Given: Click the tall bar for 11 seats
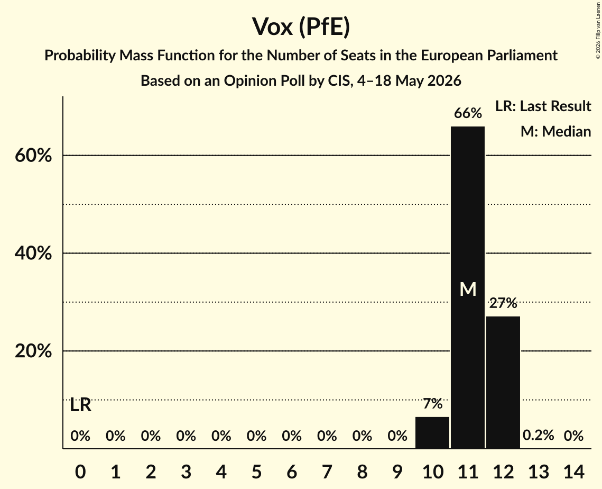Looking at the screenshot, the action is [x=468, y=287].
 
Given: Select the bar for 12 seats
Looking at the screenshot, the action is [x=503, y=383].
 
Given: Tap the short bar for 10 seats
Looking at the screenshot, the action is [x=432, y=432].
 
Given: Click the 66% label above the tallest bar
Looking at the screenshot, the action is [x=468, y=113].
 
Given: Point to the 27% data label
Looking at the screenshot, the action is [x=503, y=303].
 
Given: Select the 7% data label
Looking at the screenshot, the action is [x=433, y=404].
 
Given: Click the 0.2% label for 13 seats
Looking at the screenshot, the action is [x=538, y=435].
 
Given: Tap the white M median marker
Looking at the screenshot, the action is [x=468, y=289].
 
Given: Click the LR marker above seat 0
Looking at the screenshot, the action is [x=81, y=405].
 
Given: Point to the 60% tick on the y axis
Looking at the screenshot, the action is [x=33, y=156].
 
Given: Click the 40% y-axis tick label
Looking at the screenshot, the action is [x=33, y=253].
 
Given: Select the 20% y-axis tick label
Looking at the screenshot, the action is [x=33, y=351].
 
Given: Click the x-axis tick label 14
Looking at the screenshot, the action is [x=573, y=472].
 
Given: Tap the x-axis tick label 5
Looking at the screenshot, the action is [x=256, y=472].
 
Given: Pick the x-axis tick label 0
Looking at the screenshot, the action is [x=80, y=472].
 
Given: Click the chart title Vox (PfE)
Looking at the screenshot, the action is [x=301, y=27].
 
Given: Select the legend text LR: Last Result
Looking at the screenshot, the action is [x=543, y=106].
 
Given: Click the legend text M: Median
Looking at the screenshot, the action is [x=555, y=131].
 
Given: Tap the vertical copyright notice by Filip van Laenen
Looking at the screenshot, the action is [x=598, y=30].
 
